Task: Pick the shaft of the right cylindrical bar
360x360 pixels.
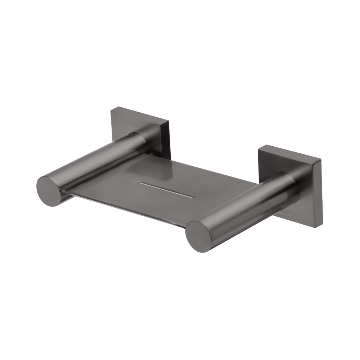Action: click(245, 202)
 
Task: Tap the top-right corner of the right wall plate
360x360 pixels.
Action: click(321, 158)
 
